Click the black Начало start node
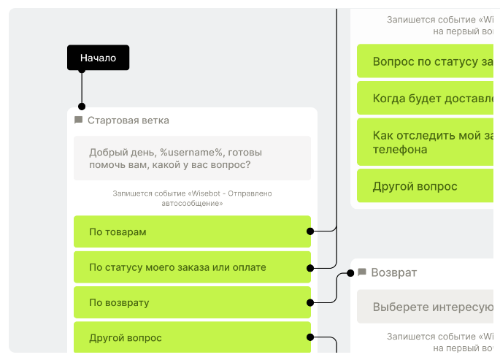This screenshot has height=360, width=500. coord(98,58)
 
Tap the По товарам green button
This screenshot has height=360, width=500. coord(191,231)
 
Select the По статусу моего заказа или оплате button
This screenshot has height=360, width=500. coord(191,267)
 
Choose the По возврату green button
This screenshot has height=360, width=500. coord(191,302)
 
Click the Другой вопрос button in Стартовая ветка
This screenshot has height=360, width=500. coord(191,337)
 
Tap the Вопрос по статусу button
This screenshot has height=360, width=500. coord(427,61)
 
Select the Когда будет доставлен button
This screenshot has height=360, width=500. coord(427,99)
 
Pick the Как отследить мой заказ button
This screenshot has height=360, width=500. coord(427,142)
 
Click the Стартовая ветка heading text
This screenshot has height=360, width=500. coord(128,120)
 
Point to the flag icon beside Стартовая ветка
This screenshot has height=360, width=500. coord(79,120)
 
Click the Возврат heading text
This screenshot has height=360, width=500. coord(394,272)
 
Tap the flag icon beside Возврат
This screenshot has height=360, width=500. coord(361,272)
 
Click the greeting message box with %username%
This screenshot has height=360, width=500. coord(192,158)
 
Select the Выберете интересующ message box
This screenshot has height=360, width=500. coord(427,307)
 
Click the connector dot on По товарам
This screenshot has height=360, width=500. coord(310,231)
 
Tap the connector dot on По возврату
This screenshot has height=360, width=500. coord(310,302)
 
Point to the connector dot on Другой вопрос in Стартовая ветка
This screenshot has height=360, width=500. coord(310,337)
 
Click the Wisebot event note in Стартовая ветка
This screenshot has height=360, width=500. coord(192,199)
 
